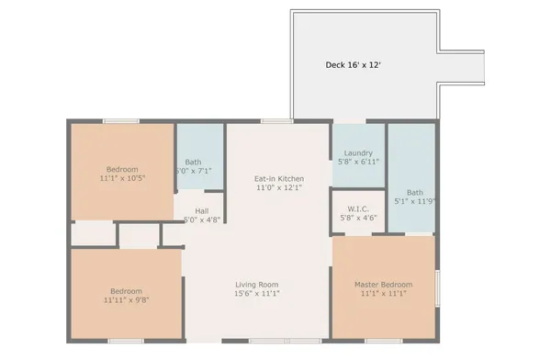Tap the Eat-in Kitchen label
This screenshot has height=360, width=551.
[x=279, y=178]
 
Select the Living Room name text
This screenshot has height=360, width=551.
[x=256, y=285]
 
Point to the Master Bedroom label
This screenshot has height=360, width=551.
[x=383, y=285]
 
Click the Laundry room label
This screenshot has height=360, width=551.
[x=357, y=152]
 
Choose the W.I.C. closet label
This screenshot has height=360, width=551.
[x=357, y=208]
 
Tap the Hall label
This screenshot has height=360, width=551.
[x=202, y=210]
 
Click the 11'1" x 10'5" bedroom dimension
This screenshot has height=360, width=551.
[x=121, y=179]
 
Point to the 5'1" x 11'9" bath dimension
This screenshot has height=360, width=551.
[x=414, y=201]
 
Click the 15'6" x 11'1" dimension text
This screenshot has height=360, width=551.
[x=256, y=295]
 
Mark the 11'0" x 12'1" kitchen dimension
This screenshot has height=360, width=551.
[x=279, y=188]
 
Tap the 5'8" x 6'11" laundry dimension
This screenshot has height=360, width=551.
[x=357, y=163]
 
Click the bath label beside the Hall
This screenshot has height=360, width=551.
[x=195, y=161]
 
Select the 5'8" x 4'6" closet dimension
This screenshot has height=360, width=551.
[x=357, y=219]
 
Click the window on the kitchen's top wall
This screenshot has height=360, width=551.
[x=276, y=120]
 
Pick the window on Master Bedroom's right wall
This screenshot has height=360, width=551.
[x=437, y=286]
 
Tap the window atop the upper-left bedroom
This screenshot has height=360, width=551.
[x=120, y=120]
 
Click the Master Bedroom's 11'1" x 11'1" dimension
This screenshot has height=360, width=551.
[x=383, y=295]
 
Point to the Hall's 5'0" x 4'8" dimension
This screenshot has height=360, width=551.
[x=202, y=220]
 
